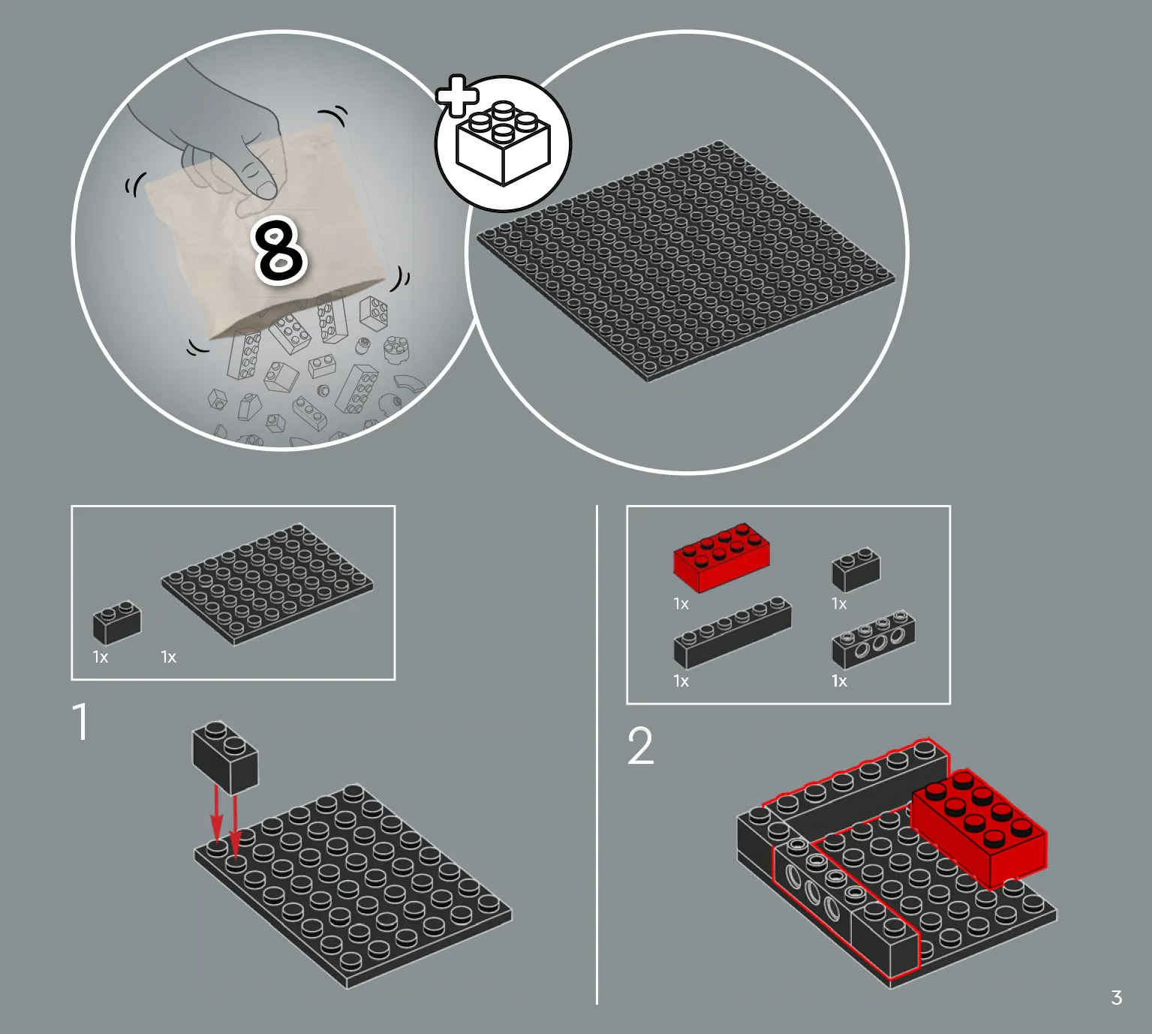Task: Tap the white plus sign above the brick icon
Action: click(x=457, y=95)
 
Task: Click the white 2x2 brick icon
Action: click(x=504, y=143)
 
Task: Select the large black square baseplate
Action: click(x=686, y=260)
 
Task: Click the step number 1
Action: click(x=82, y=721)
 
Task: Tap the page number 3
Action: click(x=1116, y=998)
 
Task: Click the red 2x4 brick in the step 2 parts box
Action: click(x=721, y=558)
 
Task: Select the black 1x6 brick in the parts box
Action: click(x=732, y=632)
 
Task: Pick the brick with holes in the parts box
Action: click(x=874, y=639)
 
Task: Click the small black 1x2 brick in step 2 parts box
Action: click(x=856, y=569)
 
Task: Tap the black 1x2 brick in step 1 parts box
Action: click(x=117, y=623)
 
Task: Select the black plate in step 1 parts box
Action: click(x=267, y=585)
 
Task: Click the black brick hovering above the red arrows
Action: click(x=225, y=757)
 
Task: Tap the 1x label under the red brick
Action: click(x=681, y=604)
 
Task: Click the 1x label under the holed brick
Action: click(x=839, y=681)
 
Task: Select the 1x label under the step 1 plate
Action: click(x=168, y=657)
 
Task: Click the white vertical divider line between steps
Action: click(x=597, y=754)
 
